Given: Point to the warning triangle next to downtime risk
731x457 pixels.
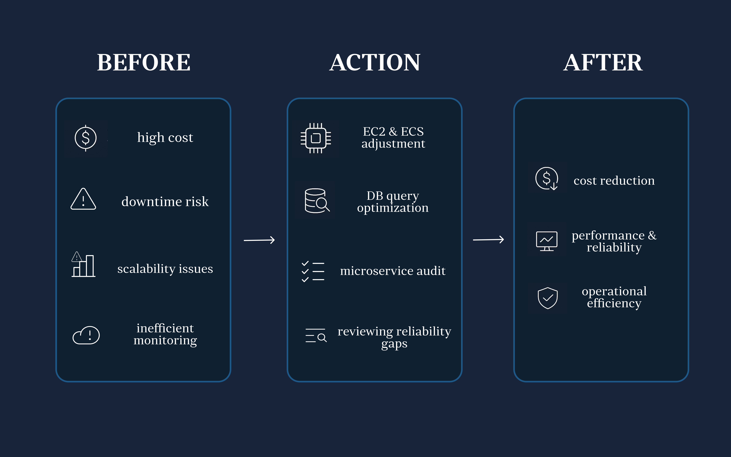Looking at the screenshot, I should (83, 199).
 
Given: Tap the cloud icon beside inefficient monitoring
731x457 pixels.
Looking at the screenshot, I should (86, 335).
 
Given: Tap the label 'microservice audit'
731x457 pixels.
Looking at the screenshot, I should (393, 271).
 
